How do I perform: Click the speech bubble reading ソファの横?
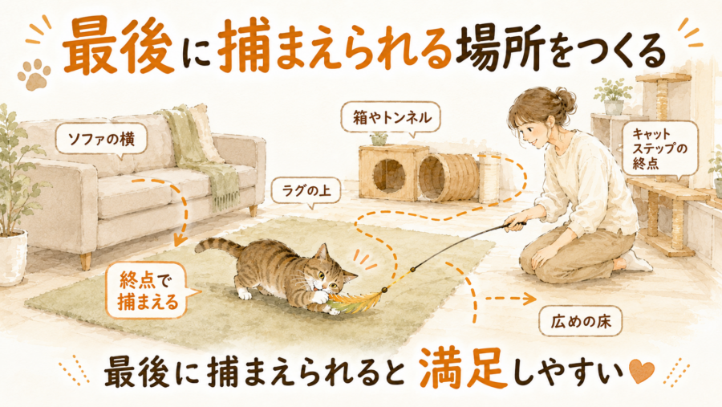tap(101, 138)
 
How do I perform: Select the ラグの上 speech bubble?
tap(306, 190)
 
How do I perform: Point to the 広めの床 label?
tap(580, 321)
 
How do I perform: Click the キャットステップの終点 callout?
tap(659, 149)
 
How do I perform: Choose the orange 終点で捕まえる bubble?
tap(148, 291)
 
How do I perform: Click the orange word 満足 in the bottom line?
tap(463, 368)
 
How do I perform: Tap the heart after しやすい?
tap(641, 371)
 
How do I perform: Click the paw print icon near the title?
tap(34, 75)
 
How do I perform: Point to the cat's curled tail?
tap(217, 246)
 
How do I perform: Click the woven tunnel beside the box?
tap(444, 177)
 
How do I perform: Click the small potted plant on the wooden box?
tap(379, 138)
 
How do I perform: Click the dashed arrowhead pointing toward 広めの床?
tap(529, 299)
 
